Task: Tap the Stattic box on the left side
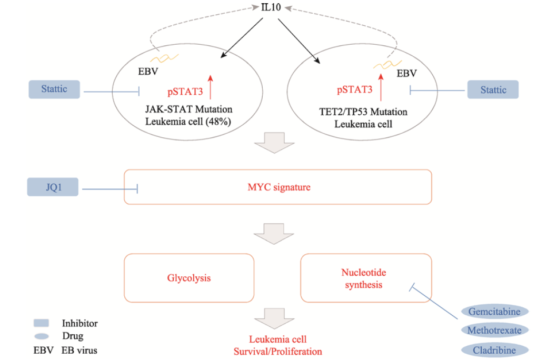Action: (54, 89)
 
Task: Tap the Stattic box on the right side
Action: (493, 89)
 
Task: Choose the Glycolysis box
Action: (188, 277)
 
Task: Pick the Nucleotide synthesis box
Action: (365, 278)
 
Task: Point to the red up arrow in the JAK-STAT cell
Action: (211, 87)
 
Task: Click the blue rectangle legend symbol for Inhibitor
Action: (41, 323)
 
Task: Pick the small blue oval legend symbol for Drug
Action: (41, 336)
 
